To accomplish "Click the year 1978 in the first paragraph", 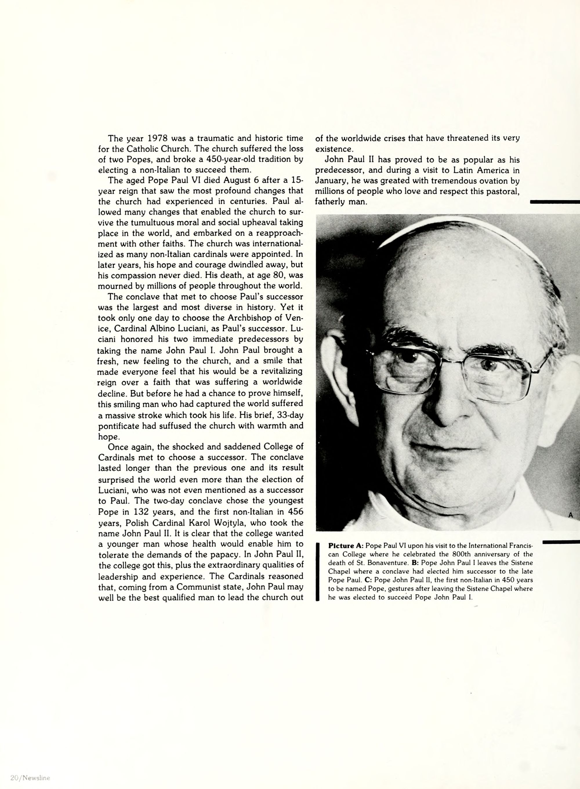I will point(157,138).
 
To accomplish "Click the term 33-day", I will point(290,415).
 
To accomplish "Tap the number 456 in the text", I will point(295,512).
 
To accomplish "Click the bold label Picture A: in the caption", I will point(345,546).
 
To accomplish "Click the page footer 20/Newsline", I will point(30,777).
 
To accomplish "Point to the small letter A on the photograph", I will point(570,515).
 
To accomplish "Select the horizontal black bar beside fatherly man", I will point(555,202).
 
